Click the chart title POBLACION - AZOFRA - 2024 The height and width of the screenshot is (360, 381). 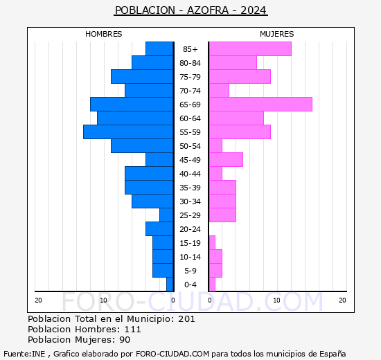pos(190,10)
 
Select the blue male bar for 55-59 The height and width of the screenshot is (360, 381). pos(128,132)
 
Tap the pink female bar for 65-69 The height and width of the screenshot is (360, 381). pos(260,105)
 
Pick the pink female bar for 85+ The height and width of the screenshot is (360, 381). pos(250,49)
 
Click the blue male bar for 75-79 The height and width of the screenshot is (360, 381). pos(142,77)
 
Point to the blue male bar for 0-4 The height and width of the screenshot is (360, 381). pos(170,285)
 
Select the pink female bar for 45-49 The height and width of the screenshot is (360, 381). pos(226,160)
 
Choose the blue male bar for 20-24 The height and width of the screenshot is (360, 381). pos(159,229)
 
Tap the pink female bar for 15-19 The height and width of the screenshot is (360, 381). pos(212,243)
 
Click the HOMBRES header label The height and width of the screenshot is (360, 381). pos(104,34)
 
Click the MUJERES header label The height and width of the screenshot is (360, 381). pos(277,34)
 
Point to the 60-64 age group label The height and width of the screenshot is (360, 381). pos(190,118)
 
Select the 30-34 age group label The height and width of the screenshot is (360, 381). pos(190,201)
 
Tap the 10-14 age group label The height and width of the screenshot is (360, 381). pos(190,257)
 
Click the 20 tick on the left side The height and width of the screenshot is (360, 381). pos(38,300)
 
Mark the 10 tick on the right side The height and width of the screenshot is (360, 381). pos(276,300)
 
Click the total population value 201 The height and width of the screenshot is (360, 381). pos(186,319)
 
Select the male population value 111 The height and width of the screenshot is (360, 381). pos(132,330)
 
